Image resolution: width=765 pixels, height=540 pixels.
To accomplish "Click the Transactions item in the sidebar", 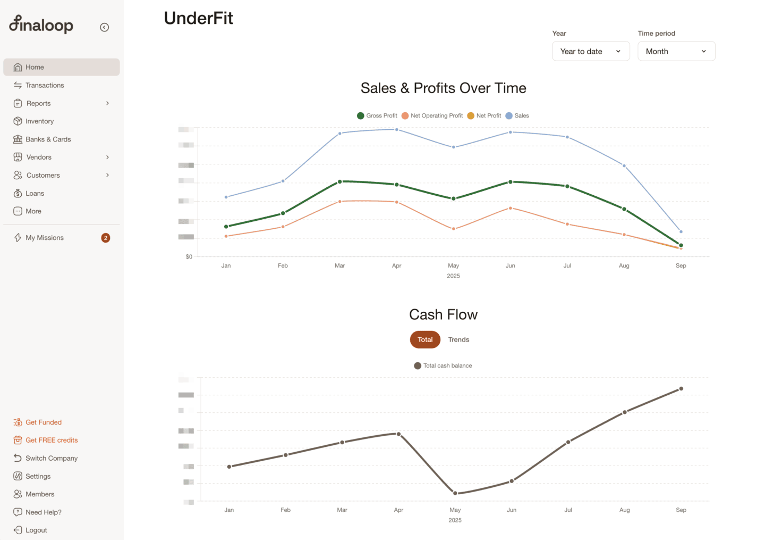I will (45, 85).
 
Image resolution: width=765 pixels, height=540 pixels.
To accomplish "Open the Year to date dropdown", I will (591, 51).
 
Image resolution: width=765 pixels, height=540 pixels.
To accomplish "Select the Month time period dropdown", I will (676, 51).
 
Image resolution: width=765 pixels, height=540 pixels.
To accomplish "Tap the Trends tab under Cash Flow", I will (458, 339).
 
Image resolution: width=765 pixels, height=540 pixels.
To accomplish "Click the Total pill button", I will (425, 339).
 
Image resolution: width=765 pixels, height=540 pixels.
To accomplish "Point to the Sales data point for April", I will (397, 129).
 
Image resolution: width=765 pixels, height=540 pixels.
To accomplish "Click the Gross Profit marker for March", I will (340, 181).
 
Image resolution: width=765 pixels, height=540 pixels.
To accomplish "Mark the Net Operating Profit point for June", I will (511, 208).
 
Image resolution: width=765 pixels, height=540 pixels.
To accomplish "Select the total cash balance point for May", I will (455, 493).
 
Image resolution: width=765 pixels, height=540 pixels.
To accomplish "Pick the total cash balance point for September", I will (681, 388).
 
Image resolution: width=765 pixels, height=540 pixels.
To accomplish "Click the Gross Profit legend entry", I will (377, 115).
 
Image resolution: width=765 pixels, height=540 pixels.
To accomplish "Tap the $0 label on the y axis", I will (189, 256).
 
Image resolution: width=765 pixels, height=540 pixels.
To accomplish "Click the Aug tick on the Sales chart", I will (624, 265).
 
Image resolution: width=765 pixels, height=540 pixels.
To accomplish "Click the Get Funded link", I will (44, 422).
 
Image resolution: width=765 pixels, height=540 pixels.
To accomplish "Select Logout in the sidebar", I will (36, 530).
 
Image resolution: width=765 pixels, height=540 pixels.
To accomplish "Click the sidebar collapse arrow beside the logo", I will (105, 27).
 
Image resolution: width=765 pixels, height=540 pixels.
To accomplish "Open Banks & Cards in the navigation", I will (48, 139).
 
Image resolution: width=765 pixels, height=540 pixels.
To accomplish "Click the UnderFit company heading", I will (198, 18).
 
